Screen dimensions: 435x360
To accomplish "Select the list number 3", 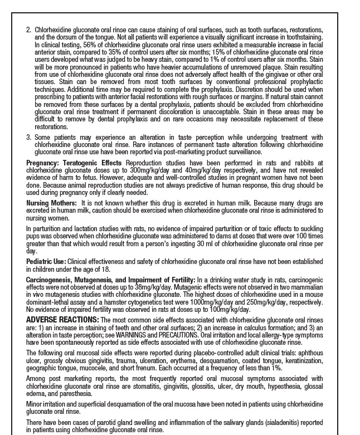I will click(28, 137).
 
